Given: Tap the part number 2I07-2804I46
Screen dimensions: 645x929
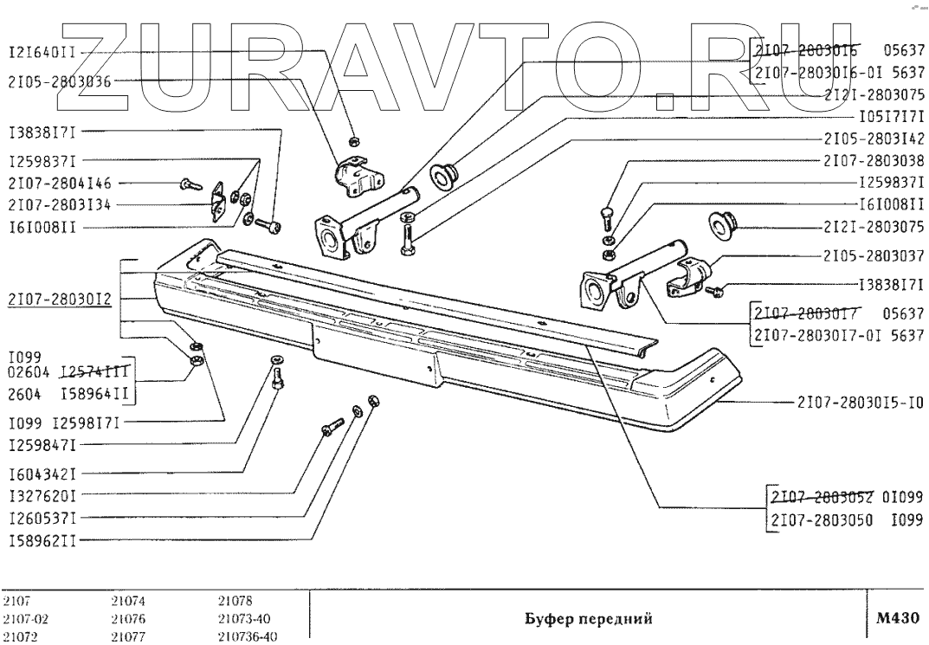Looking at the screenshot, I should tap(60, 184).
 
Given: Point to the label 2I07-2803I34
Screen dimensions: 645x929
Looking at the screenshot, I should tap(60, 205).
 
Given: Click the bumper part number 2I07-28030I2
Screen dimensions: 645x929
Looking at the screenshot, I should tap(60, 300).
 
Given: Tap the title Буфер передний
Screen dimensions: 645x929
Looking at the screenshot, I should tap(588, 619).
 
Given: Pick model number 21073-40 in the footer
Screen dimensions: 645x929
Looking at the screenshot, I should tap(247, 619).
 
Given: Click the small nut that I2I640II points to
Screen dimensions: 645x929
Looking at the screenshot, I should tap(354, 140).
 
